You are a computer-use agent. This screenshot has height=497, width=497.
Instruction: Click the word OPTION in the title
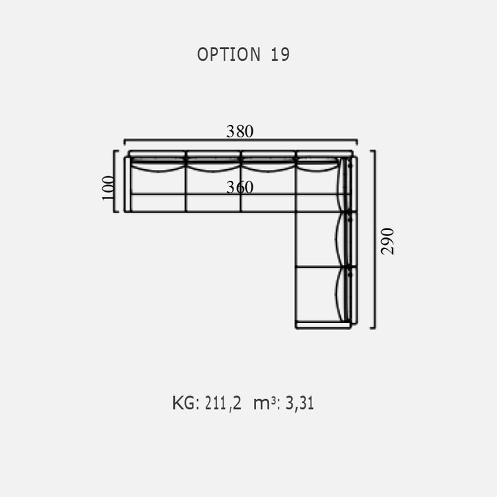pyautogui.click(x=228, y=55)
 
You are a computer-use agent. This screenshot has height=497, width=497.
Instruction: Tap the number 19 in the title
pyautogui.click(x=280, y=55)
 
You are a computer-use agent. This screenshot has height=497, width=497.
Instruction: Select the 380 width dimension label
pyautogui.click(x=240, y=131)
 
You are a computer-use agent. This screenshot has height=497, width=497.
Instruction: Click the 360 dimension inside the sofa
pyautogui.click(x=240, y=187)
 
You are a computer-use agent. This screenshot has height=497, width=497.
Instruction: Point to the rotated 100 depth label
pyautogui.click(x=108, y=188)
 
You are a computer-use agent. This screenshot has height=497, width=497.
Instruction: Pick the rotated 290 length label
pyautogui.click(x=387, y=241)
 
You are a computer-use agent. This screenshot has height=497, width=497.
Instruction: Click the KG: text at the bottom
pyautogui.click(x=186, y=403)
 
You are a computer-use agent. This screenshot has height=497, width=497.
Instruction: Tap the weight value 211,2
pyautogui.click(x=223, y=404)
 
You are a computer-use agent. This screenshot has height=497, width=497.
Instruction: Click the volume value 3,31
pyautogui.click(x=300, y=404)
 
